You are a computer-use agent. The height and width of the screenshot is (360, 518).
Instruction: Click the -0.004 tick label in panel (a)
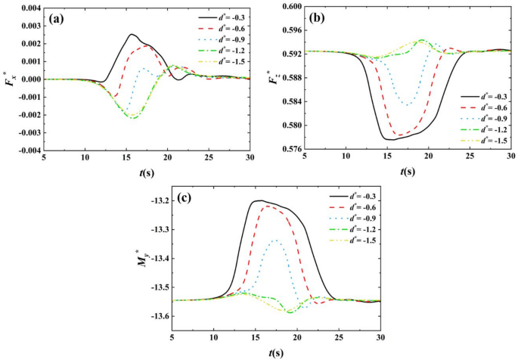26,151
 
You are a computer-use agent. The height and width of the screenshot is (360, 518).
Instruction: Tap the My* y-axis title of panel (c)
137,258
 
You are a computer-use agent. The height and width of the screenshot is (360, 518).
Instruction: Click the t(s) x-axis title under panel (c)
276,352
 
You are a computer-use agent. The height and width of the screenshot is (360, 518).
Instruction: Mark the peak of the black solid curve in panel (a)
132,34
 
